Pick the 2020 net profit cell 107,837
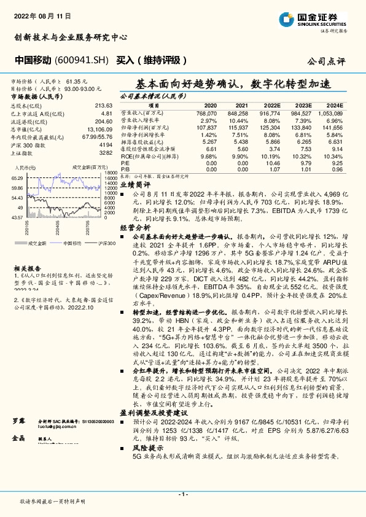coord(206,126)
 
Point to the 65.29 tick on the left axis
coord(17,177)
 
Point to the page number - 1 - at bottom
coord(182,494)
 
